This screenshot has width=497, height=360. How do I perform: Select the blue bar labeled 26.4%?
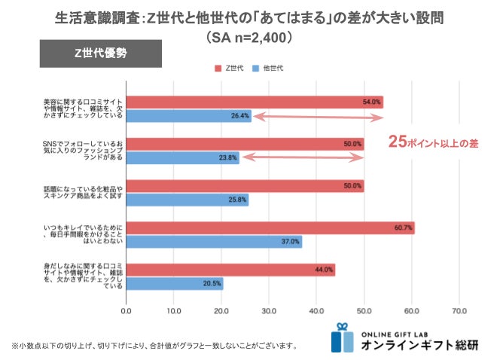188,116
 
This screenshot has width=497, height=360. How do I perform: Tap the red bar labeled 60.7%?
270,227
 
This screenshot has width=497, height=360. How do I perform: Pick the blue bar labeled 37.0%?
214,242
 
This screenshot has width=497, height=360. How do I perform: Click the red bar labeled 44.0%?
230,269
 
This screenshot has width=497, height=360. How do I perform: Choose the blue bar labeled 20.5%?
175,283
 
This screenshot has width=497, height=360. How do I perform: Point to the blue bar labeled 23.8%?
182,157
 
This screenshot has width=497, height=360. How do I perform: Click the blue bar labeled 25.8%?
187,200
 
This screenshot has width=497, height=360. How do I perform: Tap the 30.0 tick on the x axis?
269,310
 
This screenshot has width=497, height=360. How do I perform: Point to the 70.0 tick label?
459,310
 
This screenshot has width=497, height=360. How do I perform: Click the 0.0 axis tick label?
127,310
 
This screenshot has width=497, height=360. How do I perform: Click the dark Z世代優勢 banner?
100,53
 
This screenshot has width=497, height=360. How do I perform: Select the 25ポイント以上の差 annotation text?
433,141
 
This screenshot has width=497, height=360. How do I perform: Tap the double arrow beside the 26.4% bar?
317,117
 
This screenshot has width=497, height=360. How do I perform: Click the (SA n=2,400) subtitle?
248,35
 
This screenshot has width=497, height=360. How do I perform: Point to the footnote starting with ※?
154,346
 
